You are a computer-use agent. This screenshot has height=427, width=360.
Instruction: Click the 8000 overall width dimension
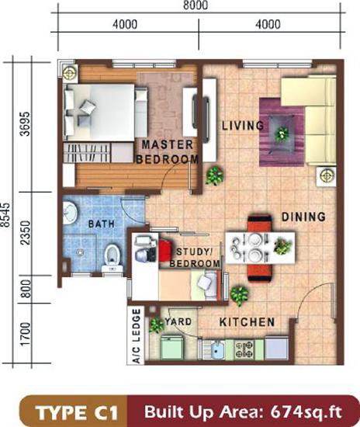point(196,5)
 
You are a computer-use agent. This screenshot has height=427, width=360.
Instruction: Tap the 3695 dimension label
point(26,123)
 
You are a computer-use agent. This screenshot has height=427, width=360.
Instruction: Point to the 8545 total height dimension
point(5,215)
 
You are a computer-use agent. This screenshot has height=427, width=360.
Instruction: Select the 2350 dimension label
point(26,233)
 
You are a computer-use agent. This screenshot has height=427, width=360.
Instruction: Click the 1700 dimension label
point(26,334)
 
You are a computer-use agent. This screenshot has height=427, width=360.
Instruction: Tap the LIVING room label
point(243,126)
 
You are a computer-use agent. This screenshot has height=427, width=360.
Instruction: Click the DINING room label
point(303,217)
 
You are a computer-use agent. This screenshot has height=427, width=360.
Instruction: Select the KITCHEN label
point(247,322)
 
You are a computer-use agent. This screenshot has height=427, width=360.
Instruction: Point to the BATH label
point(101,224)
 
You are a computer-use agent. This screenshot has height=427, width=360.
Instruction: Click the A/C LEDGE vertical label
point(137,335)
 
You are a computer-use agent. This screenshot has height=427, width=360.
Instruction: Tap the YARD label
point(178,321)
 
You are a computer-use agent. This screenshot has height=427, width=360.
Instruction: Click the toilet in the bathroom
point(112,259)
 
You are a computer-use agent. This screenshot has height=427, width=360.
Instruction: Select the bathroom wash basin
point(70,213)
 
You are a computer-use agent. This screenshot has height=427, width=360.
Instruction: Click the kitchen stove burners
point(244,349)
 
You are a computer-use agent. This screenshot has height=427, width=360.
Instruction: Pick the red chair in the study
point(164,250)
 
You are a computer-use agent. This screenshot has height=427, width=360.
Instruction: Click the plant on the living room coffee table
point(282,134)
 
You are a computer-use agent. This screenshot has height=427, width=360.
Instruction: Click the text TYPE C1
point(78,412)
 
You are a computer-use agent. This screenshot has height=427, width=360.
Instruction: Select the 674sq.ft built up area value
point(306,412)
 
